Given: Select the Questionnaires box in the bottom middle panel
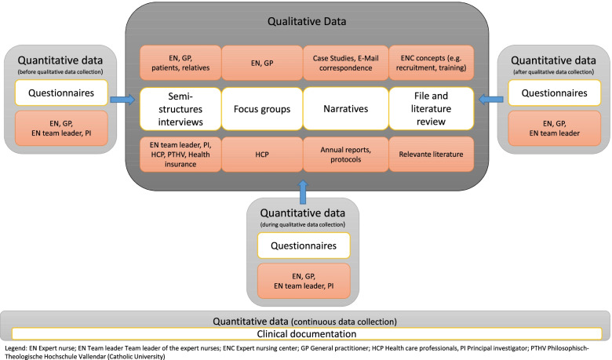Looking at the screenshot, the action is coord(304,247).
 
